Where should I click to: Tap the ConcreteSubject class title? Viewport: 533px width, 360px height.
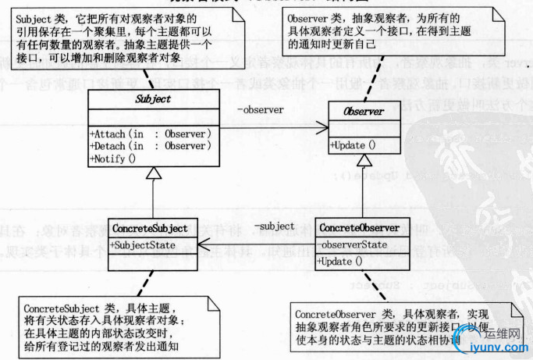tap(150, 229)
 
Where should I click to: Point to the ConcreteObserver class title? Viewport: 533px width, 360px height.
tap(360, 228)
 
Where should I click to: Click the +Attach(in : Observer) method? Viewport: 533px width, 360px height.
tap(151, 134)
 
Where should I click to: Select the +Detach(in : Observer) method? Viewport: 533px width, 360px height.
tap(151, 146)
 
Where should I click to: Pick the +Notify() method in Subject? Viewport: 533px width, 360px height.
tap(113, 159)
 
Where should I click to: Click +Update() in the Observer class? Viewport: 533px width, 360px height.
tap(353, 145)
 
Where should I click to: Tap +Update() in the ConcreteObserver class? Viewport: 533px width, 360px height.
tap(341, 260)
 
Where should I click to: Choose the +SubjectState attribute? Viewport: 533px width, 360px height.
tap(138, 245)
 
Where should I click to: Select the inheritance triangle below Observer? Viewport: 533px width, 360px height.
tap(361, 159)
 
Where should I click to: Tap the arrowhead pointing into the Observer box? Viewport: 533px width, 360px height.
tap(322, 124)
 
